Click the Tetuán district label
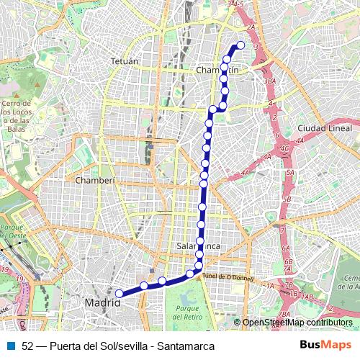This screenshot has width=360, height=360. click(x=125, y=62)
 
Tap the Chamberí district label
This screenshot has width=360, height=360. click(x=95, y=180)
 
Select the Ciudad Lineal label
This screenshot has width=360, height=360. click(x=322, y=128)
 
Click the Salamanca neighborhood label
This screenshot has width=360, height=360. click(x=198, y=246)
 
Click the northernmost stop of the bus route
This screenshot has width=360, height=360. click(x=240, y=45)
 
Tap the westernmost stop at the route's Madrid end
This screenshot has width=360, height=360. click(x=119, y=292)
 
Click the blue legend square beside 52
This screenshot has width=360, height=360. click(x=11, y=346)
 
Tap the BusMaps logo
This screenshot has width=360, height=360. click(x=325, y=345)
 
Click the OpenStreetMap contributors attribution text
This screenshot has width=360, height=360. click(x=297, y=323)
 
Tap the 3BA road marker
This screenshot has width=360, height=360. click(x=270, y=82)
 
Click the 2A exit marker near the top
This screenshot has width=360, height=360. click(x=251, y=27)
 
